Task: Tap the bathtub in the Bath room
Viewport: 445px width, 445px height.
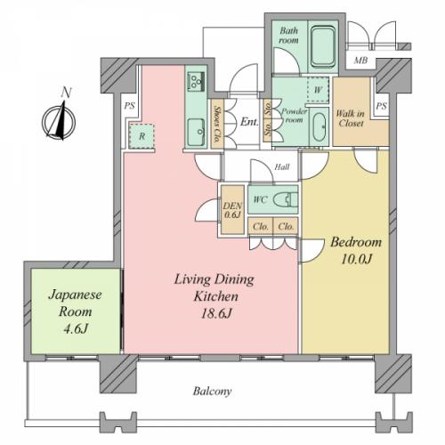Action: (323, 46)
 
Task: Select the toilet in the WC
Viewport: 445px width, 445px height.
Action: (285, 199)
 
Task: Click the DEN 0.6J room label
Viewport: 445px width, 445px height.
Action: (232, 210)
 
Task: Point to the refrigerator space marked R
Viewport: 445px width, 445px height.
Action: (142, 136)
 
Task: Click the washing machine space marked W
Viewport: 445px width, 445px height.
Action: (318, 90)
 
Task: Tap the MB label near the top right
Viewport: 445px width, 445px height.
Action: (360, 61)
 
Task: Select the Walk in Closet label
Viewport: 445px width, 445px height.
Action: (351, 118)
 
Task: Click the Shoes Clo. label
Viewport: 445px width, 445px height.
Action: (218, 124)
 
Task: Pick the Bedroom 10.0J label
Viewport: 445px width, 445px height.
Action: (356, 250)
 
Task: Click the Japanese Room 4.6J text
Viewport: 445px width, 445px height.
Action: (76, 311)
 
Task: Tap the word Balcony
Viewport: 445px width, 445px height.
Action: (212, 392)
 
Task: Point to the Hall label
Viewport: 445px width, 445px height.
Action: (282, 166)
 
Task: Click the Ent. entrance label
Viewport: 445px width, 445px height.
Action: (249, 122)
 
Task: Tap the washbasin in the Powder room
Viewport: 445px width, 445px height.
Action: (319, 127)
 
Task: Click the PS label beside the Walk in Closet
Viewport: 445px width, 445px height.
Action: (382, 106)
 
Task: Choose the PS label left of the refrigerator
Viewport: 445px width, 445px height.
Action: (129, 106)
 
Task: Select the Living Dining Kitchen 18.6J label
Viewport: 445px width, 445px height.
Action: (214, 296)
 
